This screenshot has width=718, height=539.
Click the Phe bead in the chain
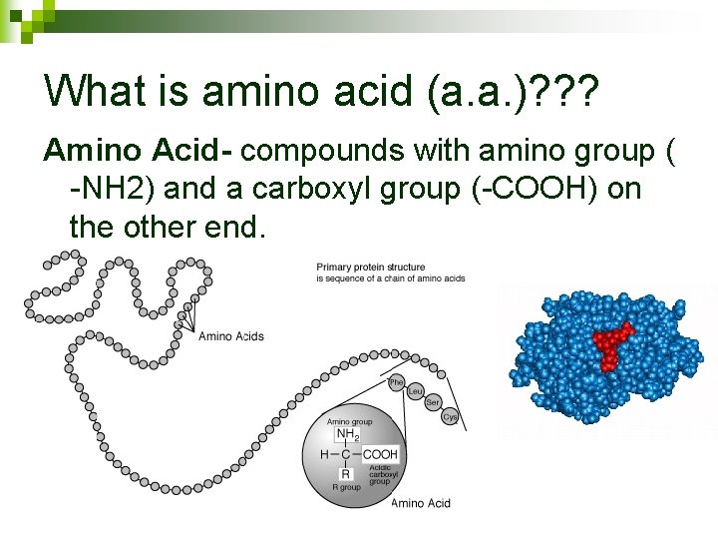click(396, 383)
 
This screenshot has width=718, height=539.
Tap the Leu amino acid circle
click(415, 391)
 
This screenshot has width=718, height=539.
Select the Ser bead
click(433, 402)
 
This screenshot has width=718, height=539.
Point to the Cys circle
click(450, 417)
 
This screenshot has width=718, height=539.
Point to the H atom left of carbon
click(324, 454)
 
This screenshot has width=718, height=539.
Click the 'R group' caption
click(346, 488)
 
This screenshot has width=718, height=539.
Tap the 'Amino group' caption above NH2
click(349, 422)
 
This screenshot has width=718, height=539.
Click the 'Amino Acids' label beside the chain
click(231, 336)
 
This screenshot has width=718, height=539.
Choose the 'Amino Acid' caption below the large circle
click(421, 503)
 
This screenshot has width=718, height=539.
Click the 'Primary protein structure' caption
click(371, 267)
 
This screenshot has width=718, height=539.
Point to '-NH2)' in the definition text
click(108, 189)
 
